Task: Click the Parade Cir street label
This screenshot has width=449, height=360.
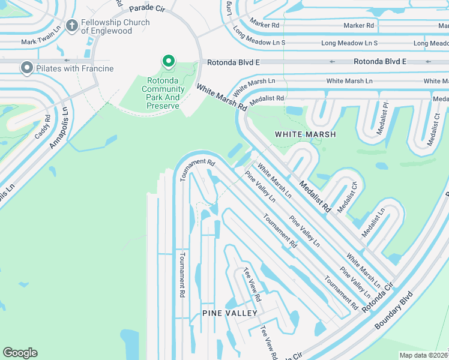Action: [x=146, y=8]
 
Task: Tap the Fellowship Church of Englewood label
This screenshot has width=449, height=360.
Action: [x=115, y=27]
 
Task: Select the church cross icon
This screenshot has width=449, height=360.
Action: [x=72, y=26]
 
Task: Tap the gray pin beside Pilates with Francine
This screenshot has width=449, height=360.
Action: [x=26, y=68]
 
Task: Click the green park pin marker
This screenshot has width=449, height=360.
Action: [x=169, y=62]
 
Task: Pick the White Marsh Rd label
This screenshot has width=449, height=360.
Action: [x=222, y=97]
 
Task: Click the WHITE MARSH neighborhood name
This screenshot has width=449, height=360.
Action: [x=305, y=134]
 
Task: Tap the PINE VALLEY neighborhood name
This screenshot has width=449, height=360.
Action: [x=229, y=313]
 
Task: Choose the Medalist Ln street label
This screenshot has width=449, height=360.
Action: [x=373, y=223]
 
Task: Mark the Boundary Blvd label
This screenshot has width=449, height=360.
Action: [x=393, y=310]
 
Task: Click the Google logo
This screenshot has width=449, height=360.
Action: [x=20, y=353]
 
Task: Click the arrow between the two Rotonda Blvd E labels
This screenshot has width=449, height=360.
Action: [x=331, y=62]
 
